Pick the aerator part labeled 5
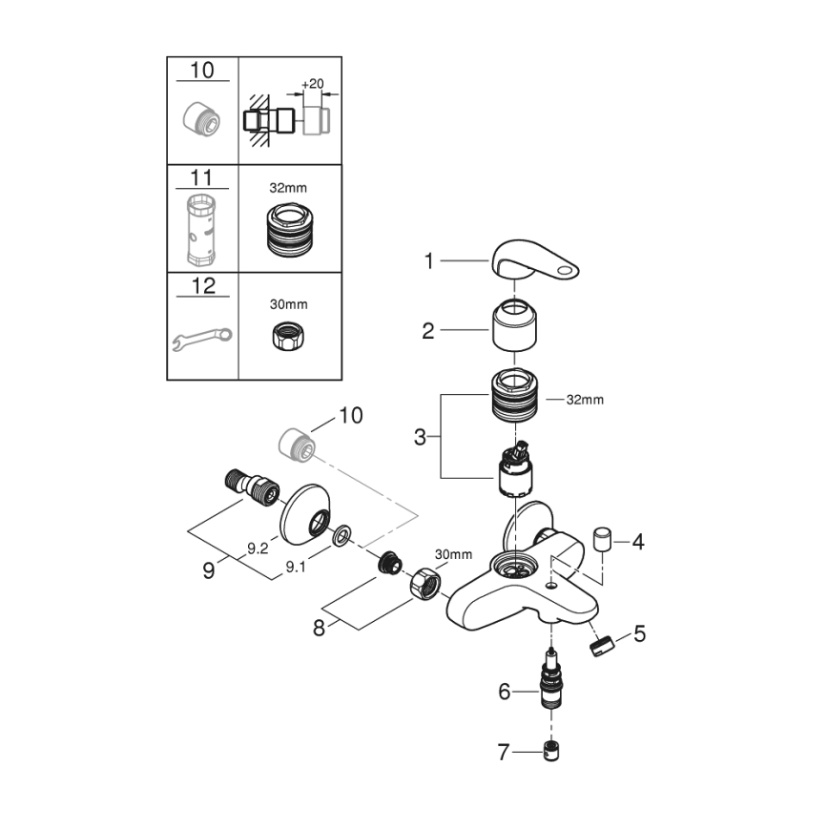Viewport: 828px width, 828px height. pos(599,645)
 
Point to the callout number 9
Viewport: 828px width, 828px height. pos(208,570)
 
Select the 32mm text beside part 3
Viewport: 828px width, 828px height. pos(585,400)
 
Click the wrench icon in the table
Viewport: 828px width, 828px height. pos(203,339)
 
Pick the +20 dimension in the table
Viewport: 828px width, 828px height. pos(312,84)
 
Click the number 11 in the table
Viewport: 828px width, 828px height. pos(203,177)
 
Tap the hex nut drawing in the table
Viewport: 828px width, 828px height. pos(288,336)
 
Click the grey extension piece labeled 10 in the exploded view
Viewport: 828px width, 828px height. pos(296,445)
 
